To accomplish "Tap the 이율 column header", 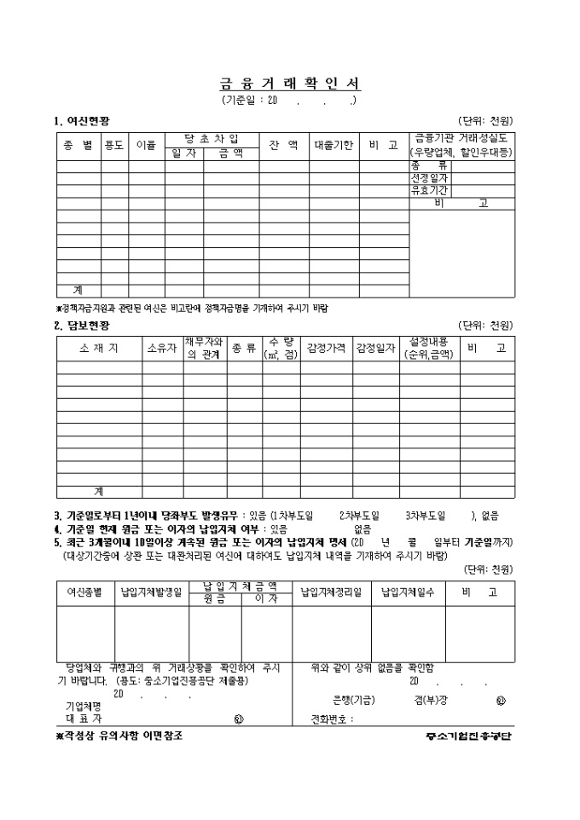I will click(x=146, y=145).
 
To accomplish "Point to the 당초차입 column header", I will click(x=212, y=138).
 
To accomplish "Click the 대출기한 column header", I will click(x=333, y=145).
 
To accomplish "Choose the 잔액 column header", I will click(x=283, y=145).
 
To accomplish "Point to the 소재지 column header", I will click(x=98, y=348).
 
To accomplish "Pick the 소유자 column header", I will click(x=162, y=348).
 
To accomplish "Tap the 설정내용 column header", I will click(x=429, y=348).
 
